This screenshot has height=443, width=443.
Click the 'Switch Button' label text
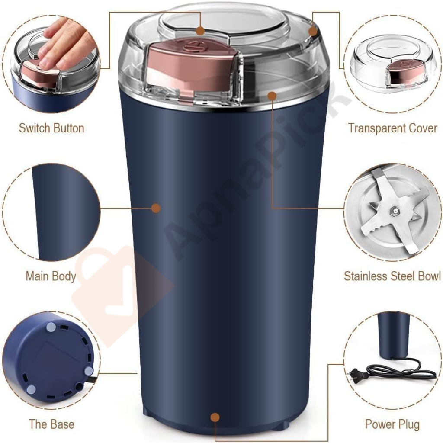pyautogui.click(x=51, y=128)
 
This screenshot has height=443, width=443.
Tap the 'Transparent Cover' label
pyautogui.click(x=392, y=128)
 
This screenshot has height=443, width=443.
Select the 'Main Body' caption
pyautogui.click(x=51, y=276)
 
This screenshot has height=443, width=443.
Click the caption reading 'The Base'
pyautogui.click(x=51, y=424)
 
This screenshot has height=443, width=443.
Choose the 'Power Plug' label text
pyautogui.click(x=392, y=424)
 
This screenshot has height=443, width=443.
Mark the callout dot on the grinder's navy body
pyautogui.click(x=156, y=208)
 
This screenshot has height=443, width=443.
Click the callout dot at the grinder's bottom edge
pyautogui.click(x=215, y=417)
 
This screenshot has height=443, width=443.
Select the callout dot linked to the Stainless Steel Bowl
pyautogui.click(x=272, y=95)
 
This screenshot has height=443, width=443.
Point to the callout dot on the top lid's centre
pyautogui.click(x=200, y=31)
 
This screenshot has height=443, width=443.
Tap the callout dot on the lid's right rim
pyautogui.click(x=313, y=31)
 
